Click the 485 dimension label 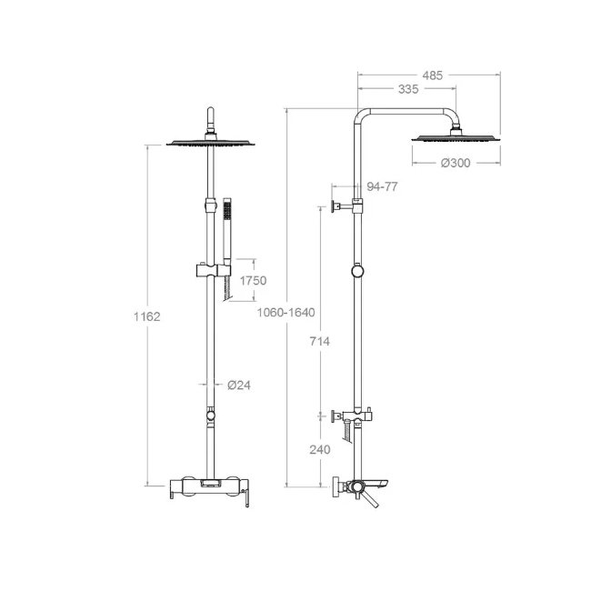click(432, 75)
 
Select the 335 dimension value click(408, 89)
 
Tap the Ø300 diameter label click(456, 163)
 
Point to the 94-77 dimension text click(382, 186)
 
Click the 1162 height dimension click(147, 316)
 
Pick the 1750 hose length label click(253, 280)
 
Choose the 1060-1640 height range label click(285, 313)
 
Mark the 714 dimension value click(320, 342)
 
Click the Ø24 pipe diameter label click(239, 385)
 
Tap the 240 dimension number click(320, 449)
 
